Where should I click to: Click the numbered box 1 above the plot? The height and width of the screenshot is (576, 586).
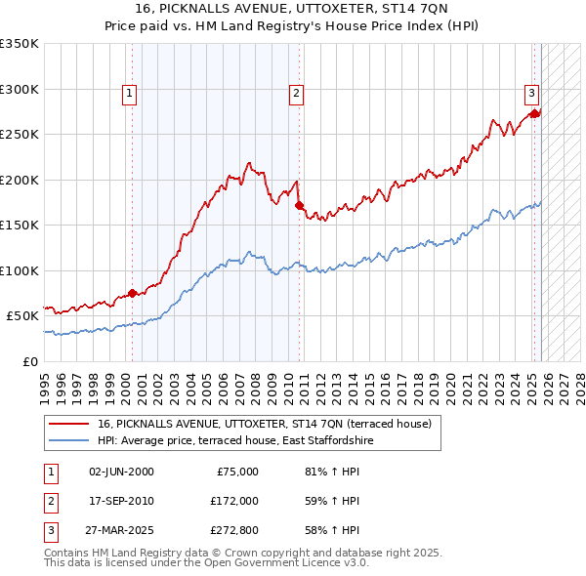(x=130, y=94)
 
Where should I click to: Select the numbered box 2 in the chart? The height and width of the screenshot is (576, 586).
(x=295, y=94)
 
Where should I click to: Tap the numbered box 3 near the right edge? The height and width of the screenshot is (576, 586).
(x=531, y=94)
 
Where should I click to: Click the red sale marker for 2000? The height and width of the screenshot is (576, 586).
(x=132, y=293)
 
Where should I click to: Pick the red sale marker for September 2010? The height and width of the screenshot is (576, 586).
(x=299, y=206)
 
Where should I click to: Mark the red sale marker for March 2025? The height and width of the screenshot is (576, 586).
(x=534, y=114)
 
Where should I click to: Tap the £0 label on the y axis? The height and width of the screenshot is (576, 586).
(x=29, y=361)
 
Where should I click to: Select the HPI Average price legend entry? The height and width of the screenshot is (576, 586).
(x=235, y=441)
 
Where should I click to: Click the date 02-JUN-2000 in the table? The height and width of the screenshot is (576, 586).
(x=121, y=472)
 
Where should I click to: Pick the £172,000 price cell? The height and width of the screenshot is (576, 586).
(x=234, y=502)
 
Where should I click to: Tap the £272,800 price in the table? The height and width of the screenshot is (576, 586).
(x=234, y=532)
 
